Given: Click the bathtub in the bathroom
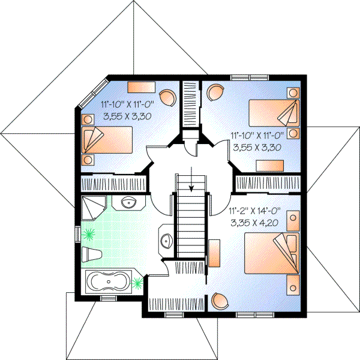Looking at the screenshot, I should [x=107, y=281].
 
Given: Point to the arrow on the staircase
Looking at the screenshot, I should [x=191, y=181].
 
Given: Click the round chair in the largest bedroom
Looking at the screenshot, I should [x=219, y=300].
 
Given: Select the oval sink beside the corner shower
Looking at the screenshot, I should [x=128, y=202].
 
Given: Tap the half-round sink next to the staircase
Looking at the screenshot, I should [x=167, y=242].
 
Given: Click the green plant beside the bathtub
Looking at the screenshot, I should [x=137, y=281].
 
